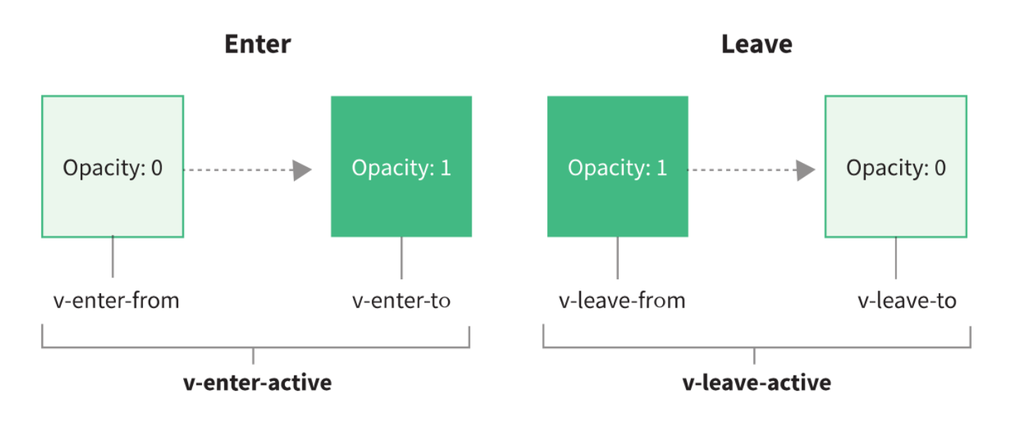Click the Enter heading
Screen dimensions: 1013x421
[x=257, y=44]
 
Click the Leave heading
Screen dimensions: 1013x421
[x=756, y=44]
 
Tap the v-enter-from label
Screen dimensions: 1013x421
[x=116, y=300]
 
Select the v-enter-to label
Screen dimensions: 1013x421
[x=401, y=300]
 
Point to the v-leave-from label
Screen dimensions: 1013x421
[x=622, y=300]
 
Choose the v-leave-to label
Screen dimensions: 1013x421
[x=907, y=300]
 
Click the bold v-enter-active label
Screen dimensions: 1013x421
[x=257, y=382]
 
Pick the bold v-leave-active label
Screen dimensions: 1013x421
[x=756, y=382]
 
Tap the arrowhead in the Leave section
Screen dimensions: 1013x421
[x=805, y=170]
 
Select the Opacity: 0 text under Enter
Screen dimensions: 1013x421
[x=113, y=168]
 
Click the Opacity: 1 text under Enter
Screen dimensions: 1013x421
[x=401, y=168]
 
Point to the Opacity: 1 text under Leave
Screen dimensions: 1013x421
[x=617, y=168]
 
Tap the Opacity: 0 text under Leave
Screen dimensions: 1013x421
[x=896, y=168]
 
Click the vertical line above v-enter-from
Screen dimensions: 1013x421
[x=113, y=256]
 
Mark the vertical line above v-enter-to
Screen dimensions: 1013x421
[x=401, y=258]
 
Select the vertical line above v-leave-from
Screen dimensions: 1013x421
[x=617, y=258]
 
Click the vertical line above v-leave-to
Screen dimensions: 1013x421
[x=896, y=258]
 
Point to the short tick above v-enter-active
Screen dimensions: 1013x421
[x=253, y=356]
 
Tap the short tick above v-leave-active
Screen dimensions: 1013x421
[x=754, y=356]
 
